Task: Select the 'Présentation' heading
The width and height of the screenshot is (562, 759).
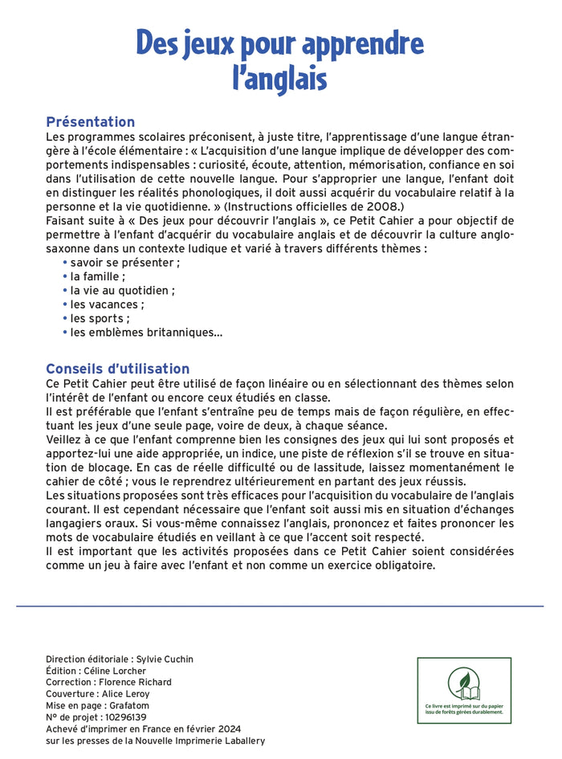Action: (x=91, y=122)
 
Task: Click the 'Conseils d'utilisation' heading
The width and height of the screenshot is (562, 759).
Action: (x=118, y=369)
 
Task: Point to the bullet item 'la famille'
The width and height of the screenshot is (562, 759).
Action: (x=97, y=275)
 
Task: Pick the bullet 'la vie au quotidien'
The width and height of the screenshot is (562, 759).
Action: (x=122, y=290)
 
